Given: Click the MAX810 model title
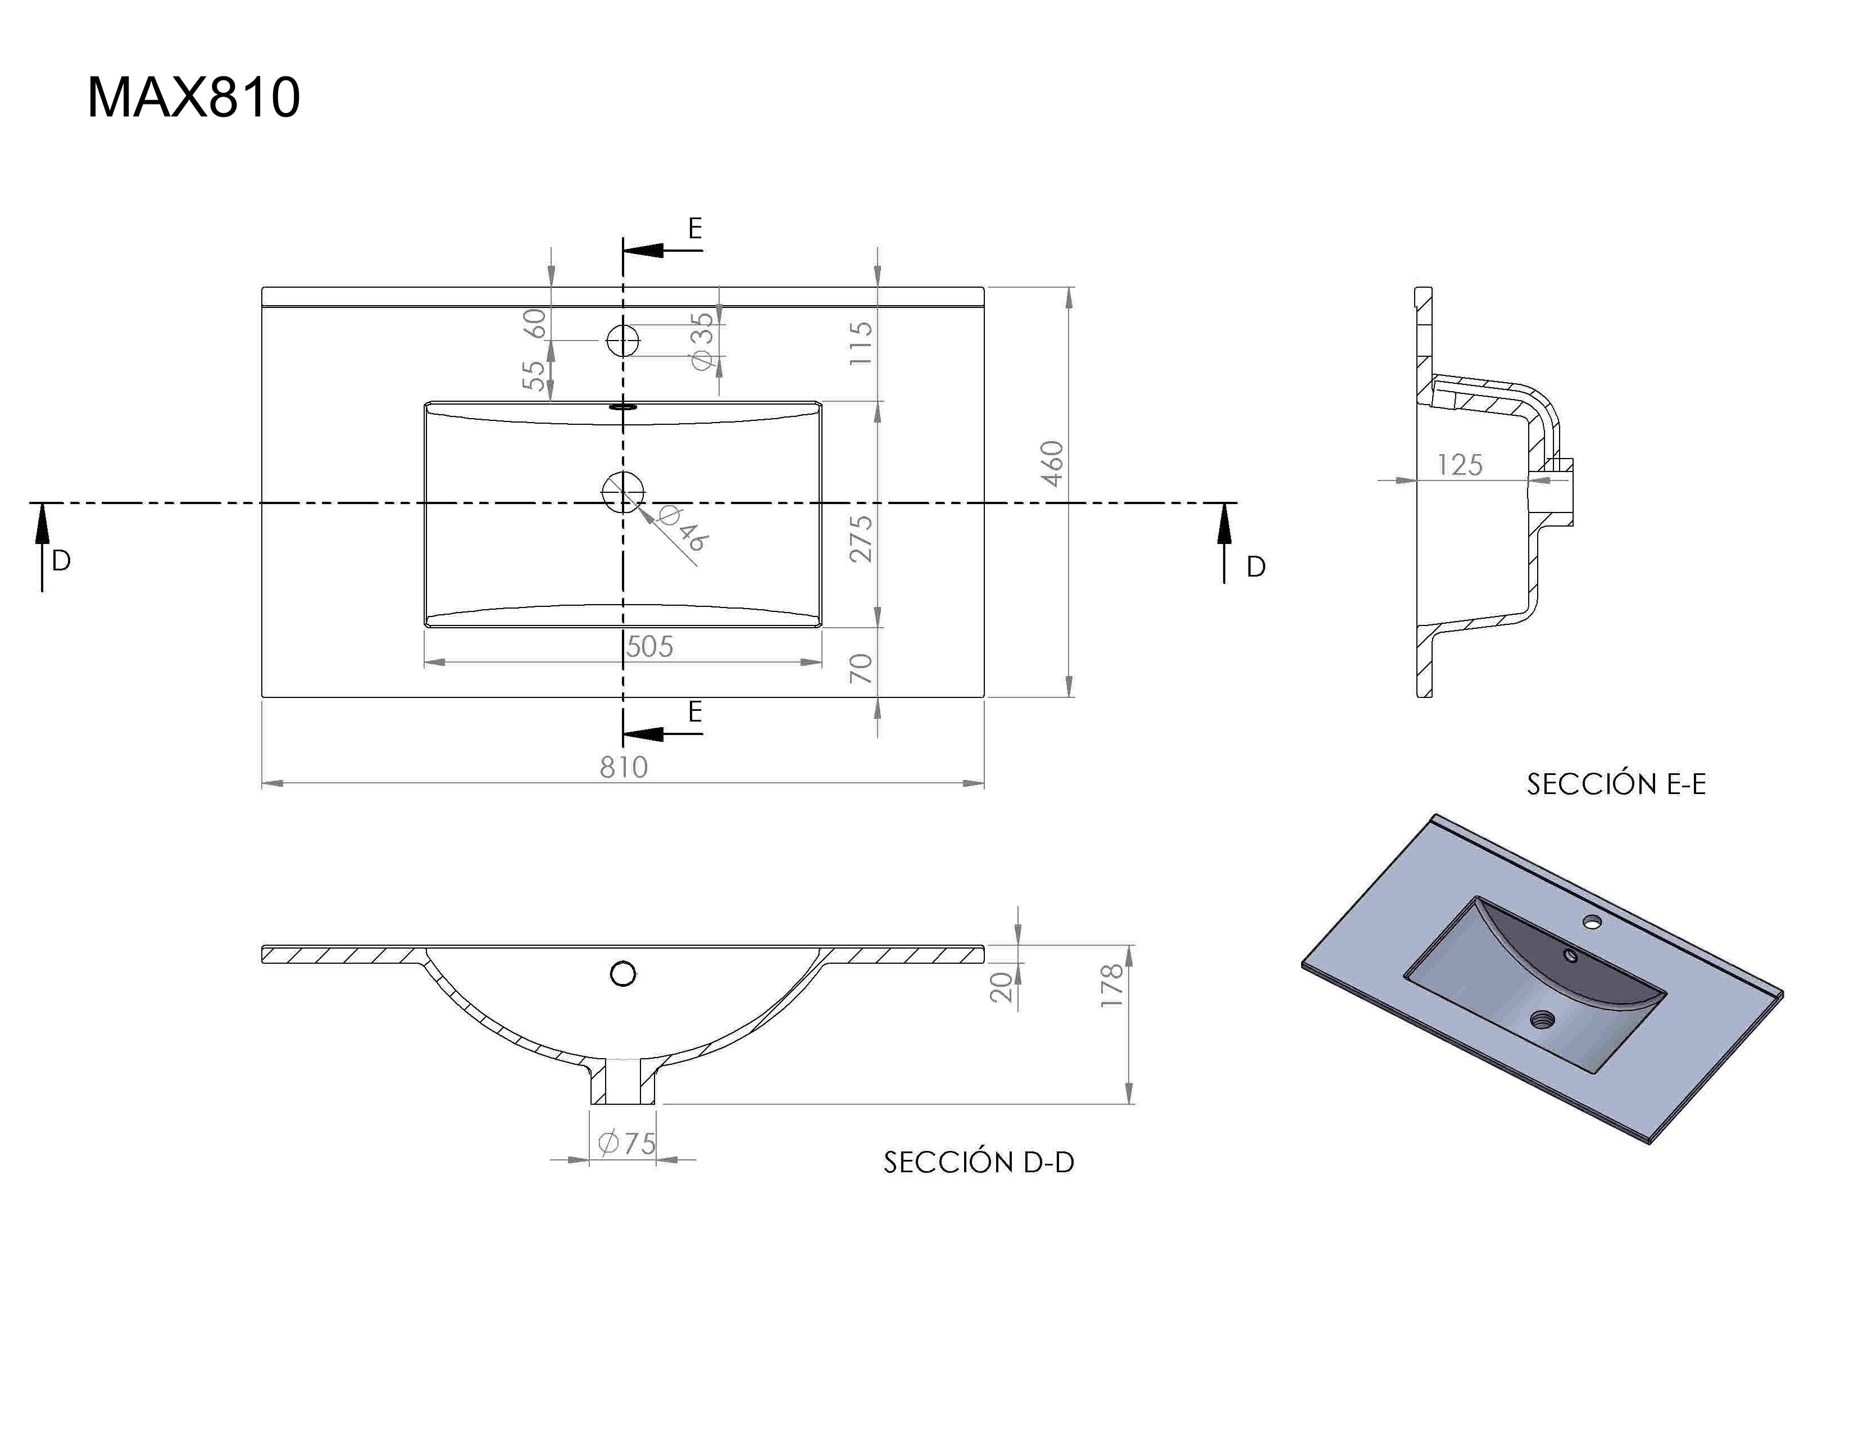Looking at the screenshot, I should pos(194,98).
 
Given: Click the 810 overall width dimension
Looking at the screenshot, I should pos(623,767).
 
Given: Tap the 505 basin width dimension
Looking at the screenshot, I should pos(649,647).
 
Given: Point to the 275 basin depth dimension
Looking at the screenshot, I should pos(861,538).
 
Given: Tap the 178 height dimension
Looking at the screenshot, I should pos(1111,985).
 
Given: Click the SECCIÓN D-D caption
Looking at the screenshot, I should pos(978,1162).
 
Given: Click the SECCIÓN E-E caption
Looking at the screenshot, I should pos(1615,783).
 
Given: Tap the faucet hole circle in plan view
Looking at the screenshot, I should pos(623,341).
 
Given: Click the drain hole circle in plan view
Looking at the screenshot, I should pos(623,492).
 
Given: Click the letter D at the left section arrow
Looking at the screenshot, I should pos(61,560).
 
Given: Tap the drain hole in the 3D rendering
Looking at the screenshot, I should pos(1542,1018).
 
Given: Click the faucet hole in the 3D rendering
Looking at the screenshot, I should pos(1592,920).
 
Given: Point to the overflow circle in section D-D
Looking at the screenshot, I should pos(623,974).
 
